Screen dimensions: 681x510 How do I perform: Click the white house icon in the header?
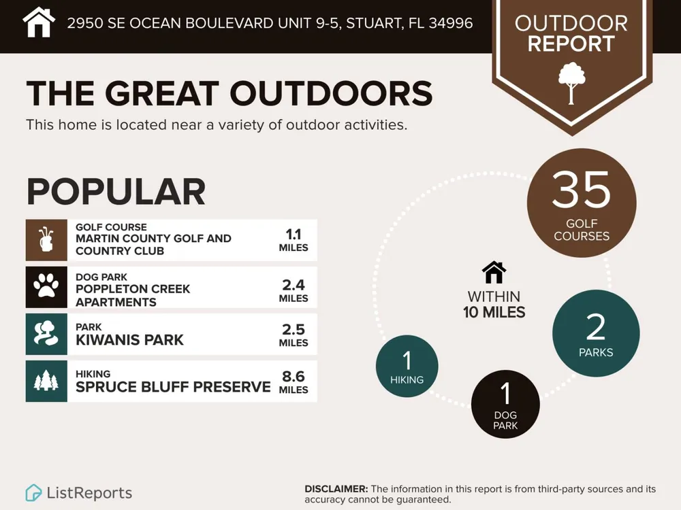(x=39, y=22)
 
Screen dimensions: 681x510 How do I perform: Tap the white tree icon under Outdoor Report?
(x=571, y=83)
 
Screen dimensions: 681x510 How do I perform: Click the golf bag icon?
(x=46, y=239)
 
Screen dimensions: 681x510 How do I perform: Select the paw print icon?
(x=46, y=286)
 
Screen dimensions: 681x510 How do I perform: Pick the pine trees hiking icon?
(x=46, y=381)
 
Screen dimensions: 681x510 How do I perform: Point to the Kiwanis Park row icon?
(x=46, y=333)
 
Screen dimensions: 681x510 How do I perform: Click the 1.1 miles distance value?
(x=294, y=240)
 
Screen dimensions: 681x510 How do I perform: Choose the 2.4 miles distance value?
(x=294, y=290)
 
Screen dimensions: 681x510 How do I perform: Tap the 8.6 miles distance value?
(x=294, y=381)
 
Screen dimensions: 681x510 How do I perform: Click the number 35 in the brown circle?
(x=581, y=189)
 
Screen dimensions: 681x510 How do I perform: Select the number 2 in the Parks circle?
(x=595, y=328)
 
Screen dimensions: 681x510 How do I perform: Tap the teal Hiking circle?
(x=407, y=366)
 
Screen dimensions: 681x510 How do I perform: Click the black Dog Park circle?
(x=505, y=404)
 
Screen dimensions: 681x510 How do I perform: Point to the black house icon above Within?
(x=494, y=273)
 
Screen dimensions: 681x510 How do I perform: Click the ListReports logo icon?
(x=33, y=492)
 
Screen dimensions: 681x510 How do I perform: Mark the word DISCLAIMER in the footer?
(x=336, y=489)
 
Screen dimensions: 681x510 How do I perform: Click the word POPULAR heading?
(x=116, y=192)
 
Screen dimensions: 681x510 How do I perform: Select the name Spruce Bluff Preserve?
(x=173, y=386)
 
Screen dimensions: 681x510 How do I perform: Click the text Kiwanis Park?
(x=129, y=339)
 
